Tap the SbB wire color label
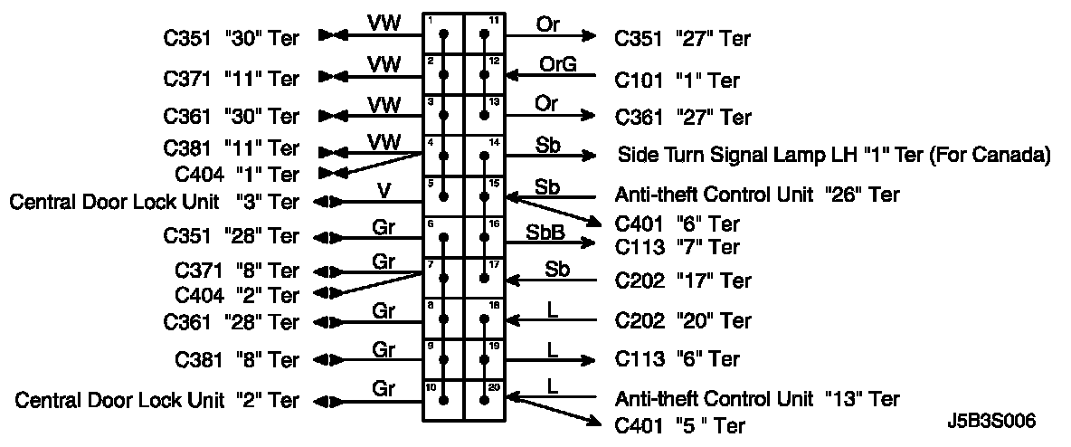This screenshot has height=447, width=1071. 546,233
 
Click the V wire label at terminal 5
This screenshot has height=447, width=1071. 384,190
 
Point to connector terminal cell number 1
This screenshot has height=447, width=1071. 443,33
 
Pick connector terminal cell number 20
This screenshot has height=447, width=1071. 484,400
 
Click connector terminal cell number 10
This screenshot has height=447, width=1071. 443,400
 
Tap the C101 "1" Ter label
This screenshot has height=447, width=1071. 678,81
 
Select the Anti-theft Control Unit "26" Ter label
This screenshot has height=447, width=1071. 757,195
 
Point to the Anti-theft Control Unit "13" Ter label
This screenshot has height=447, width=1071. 757,398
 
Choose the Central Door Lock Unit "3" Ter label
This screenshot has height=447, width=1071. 154,201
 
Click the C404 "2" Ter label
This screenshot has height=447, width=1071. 236,295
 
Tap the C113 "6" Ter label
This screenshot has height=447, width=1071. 678,359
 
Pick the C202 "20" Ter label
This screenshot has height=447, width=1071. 683,320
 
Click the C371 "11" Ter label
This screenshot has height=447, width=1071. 231,78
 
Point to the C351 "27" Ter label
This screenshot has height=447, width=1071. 683,39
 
